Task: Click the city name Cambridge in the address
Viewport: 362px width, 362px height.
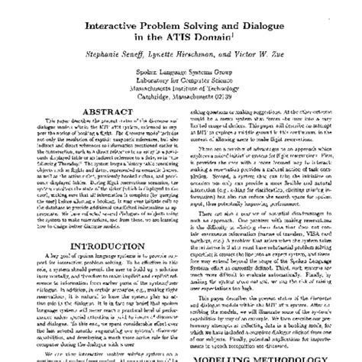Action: (x=157, y=103)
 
